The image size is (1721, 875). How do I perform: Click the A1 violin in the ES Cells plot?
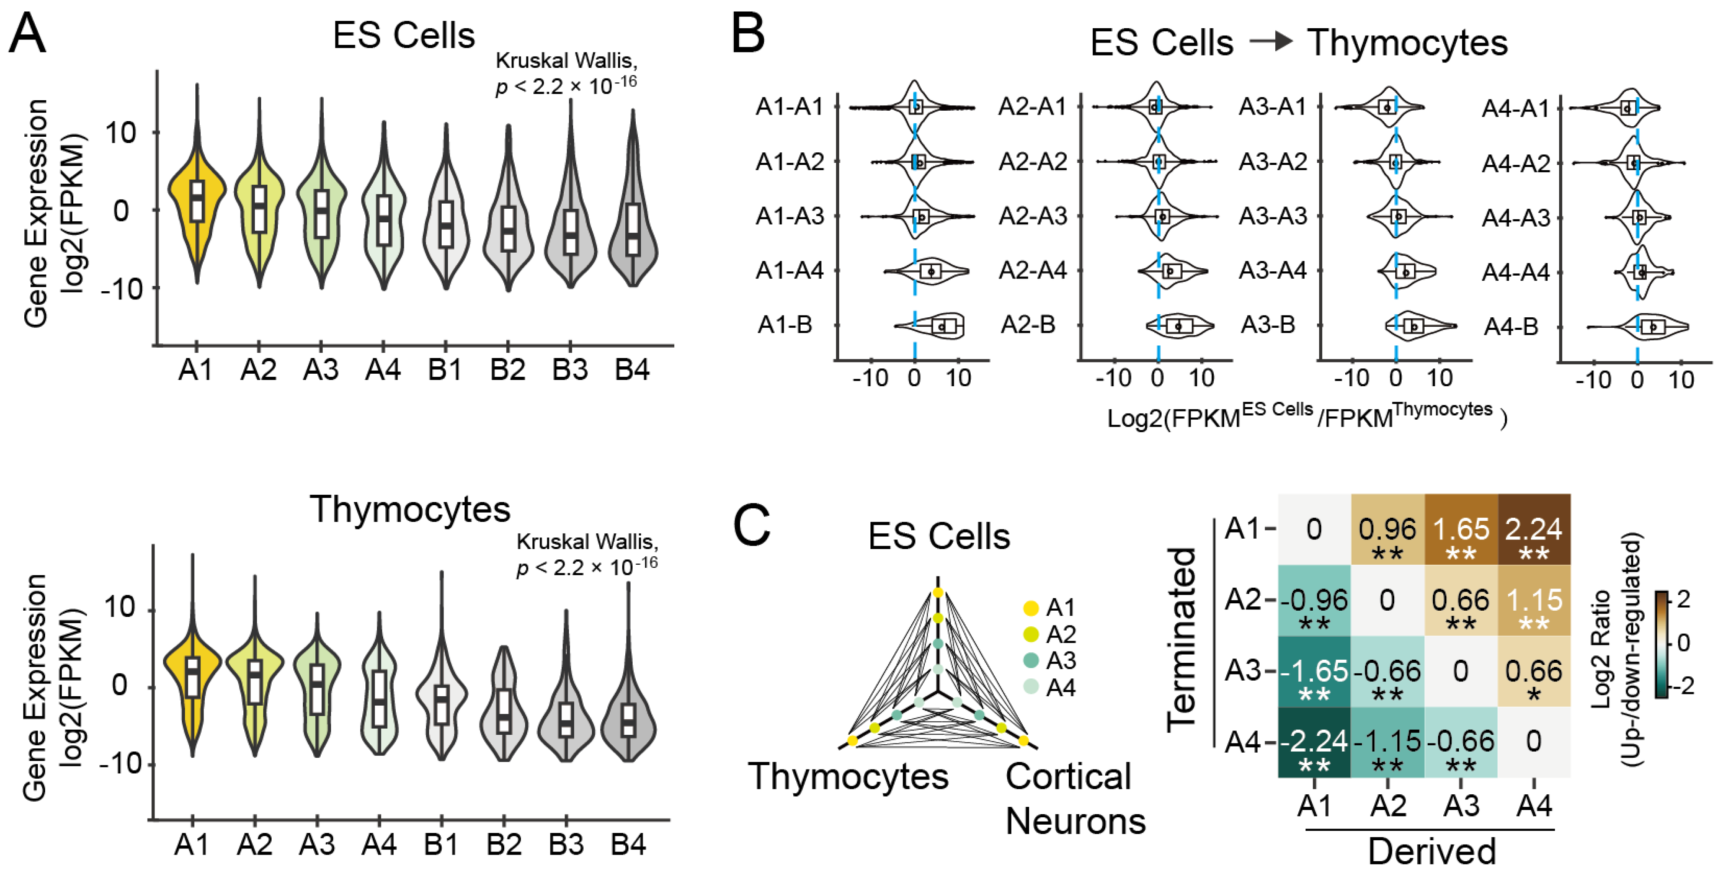point(196,201)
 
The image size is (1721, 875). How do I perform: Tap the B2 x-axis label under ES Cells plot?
point(507,370)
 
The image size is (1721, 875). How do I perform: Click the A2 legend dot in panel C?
point(1031,634)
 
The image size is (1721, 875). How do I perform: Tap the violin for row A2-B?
point(1179,326)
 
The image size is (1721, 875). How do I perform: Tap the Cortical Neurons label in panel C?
point(1074,799)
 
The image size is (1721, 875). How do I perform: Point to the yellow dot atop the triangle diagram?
point(938,593)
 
